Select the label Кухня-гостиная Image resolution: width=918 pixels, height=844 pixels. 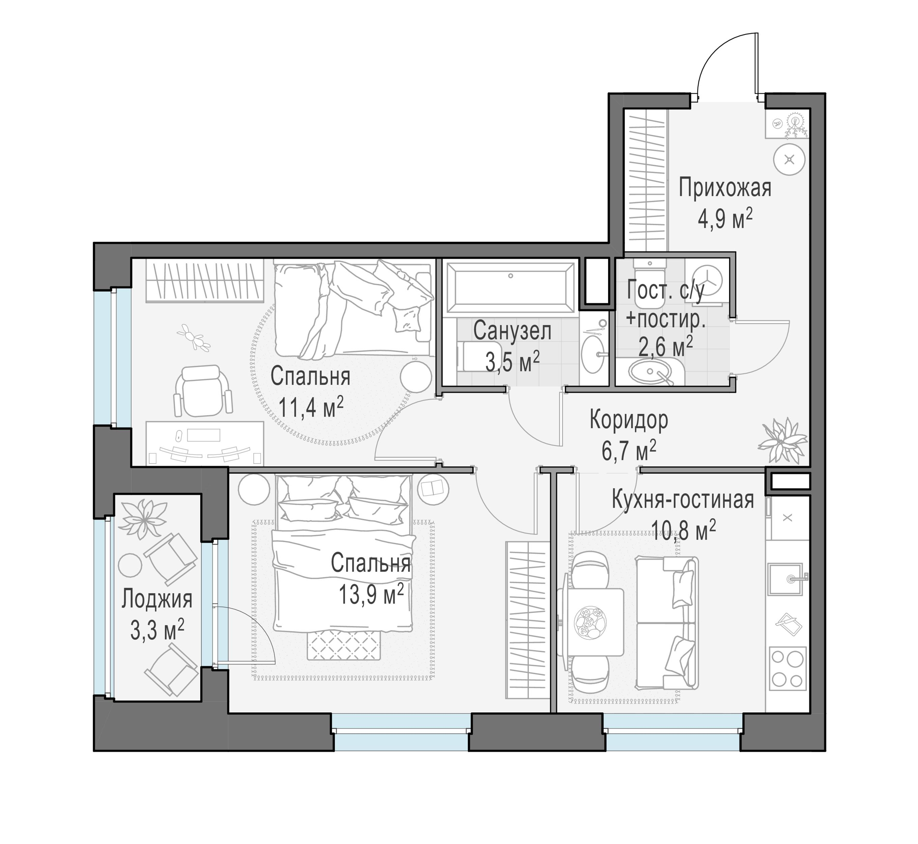click(x=683, y=500)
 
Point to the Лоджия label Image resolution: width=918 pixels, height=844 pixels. click(x=156, y=599)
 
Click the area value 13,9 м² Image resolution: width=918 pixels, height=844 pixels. click(x=371, y=594)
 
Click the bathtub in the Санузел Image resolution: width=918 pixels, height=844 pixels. click(x=511, y=288)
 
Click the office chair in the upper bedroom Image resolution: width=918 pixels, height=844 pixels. click(x=203, y=391)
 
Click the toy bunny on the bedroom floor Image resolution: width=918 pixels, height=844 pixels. click(x=194, y=337)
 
